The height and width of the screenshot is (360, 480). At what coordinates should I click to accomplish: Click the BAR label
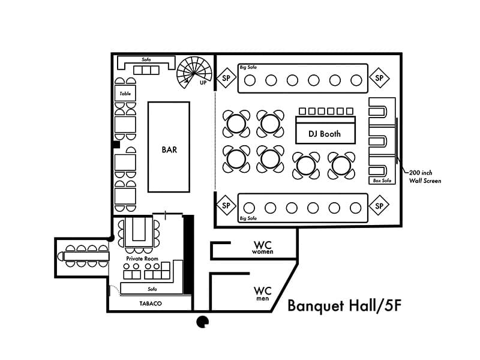169,149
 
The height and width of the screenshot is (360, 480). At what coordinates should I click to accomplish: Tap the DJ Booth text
325,134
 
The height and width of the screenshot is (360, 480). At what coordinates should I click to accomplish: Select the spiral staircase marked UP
194,73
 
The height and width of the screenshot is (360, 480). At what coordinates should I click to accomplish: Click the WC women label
263,247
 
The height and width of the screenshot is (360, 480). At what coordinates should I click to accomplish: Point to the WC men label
262,293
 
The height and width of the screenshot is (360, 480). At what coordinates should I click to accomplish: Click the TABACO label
151,304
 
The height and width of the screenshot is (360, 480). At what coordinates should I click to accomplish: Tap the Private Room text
142,259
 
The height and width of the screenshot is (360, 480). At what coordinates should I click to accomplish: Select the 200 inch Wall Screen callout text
425,176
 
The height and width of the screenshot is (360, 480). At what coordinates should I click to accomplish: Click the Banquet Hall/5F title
344,306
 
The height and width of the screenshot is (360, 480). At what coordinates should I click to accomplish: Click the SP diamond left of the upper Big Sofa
226,78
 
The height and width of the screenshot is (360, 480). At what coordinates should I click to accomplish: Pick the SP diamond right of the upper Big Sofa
379,78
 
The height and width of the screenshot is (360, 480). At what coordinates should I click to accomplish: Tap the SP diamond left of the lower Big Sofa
226,205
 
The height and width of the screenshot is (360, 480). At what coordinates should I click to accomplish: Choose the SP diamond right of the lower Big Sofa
379,205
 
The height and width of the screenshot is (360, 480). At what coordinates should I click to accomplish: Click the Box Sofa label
382,181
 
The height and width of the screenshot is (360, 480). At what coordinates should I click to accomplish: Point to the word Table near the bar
125,94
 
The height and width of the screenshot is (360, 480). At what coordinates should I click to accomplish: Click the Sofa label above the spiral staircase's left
146,59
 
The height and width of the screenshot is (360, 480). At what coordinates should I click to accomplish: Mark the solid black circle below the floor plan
202,322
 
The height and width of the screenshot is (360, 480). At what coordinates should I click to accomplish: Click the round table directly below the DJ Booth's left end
306,166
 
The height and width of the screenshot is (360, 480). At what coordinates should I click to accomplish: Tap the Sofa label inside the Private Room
152,289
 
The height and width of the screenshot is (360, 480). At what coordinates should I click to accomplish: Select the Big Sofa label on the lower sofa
248,218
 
